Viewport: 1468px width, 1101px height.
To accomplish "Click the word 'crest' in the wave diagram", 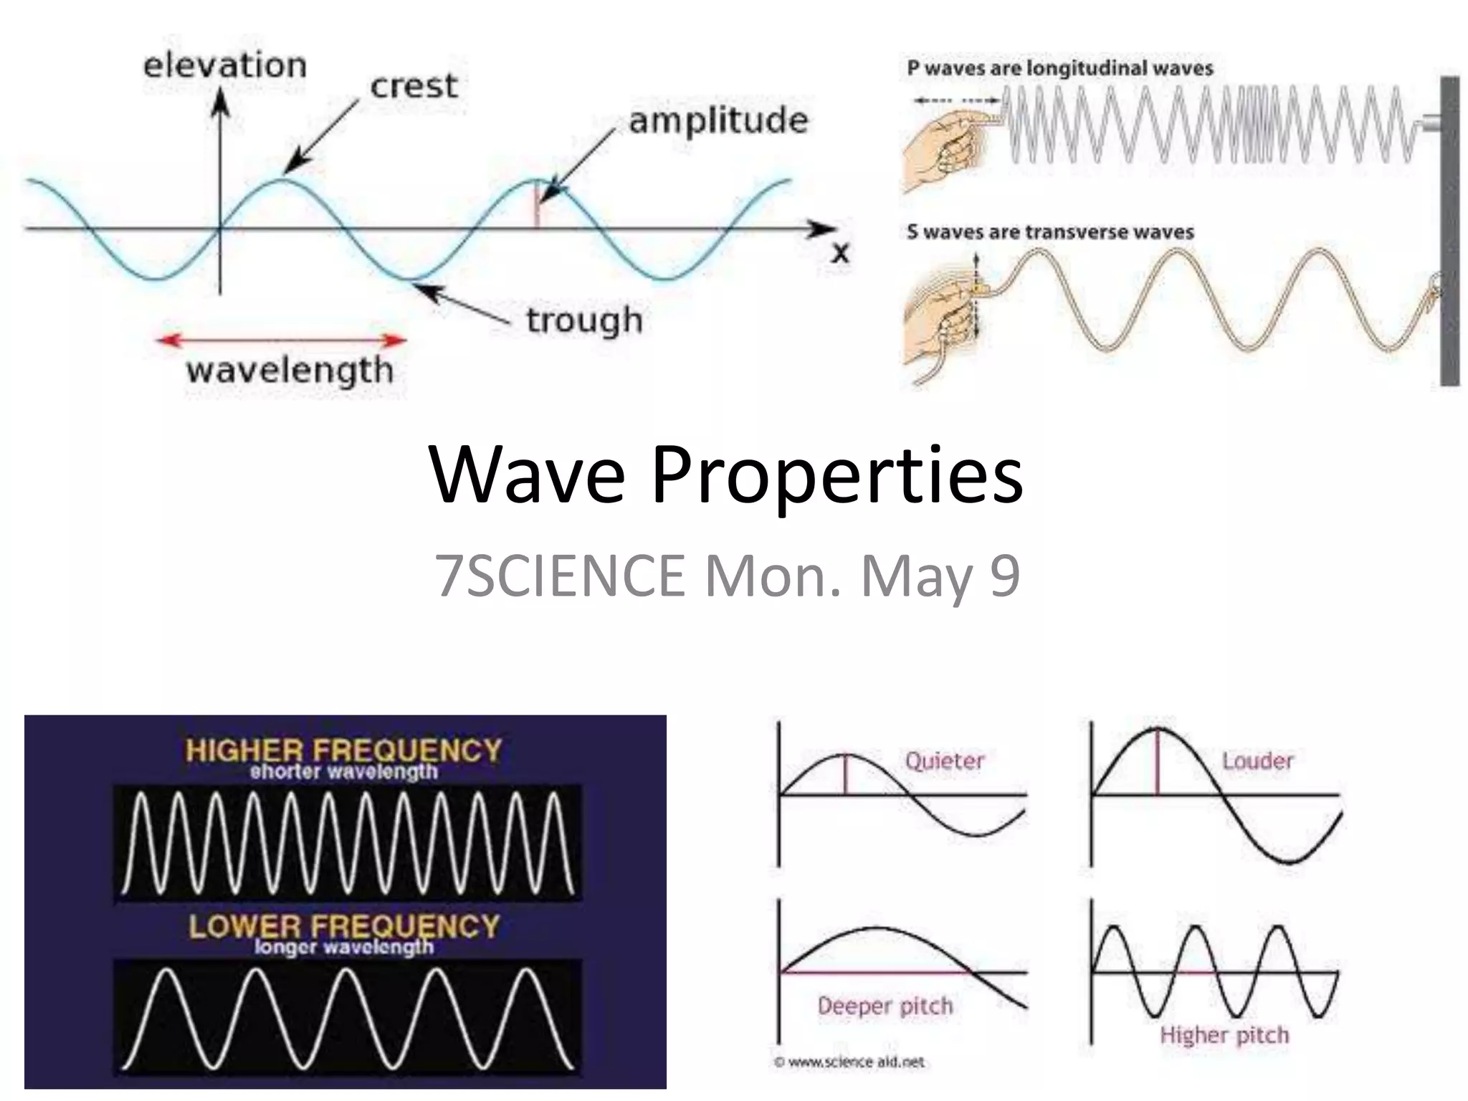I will tap(414, 87).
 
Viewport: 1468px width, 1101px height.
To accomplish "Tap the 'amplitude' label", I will tap(718, 120).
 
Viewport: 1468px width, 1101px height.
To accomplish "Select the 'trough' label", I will tap(584, 320).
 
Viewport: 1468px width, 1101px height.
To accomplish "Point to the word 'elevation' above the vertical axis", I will tap(225, 66).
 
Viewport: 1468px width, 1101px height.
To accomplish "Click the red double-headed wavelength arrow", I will tap(282, 340).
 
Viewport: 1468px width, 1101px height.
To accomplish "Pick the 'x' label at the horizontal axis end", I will tap(840, 253).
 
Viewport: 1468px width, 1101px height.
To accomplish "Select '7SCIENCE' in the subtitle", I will tap(560, 576).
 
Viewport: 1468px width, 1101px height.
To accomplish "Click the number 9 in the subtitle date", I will tap(1005, 576).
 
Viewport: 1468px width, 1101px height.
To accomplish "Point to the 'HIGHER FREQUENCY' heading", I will tap(343, 750).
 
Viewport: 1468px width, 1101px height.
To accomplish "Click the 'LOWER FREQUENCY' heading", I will tap(343, 926).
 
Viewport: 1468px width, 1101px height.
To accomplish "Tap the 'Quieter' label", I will tap(945, 761).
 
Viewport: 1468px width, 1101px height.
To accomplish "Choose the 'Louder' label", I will tap(1258, 761).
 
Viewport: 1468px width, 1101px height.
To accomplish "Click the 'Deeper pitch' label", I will tap(885, 1006).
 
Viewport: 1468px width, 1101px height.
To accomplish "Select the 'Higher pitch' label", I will tap(1224, 1035).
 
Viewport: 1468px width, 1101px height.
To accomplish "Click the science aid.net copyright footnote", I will tap(850, 1062).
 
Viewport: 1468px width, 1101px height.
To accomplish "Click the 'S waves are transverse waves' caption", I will tap(1050, 232).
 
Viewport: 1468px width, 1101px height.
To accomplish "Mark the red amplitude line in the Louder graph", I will tap(1157, 762).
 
